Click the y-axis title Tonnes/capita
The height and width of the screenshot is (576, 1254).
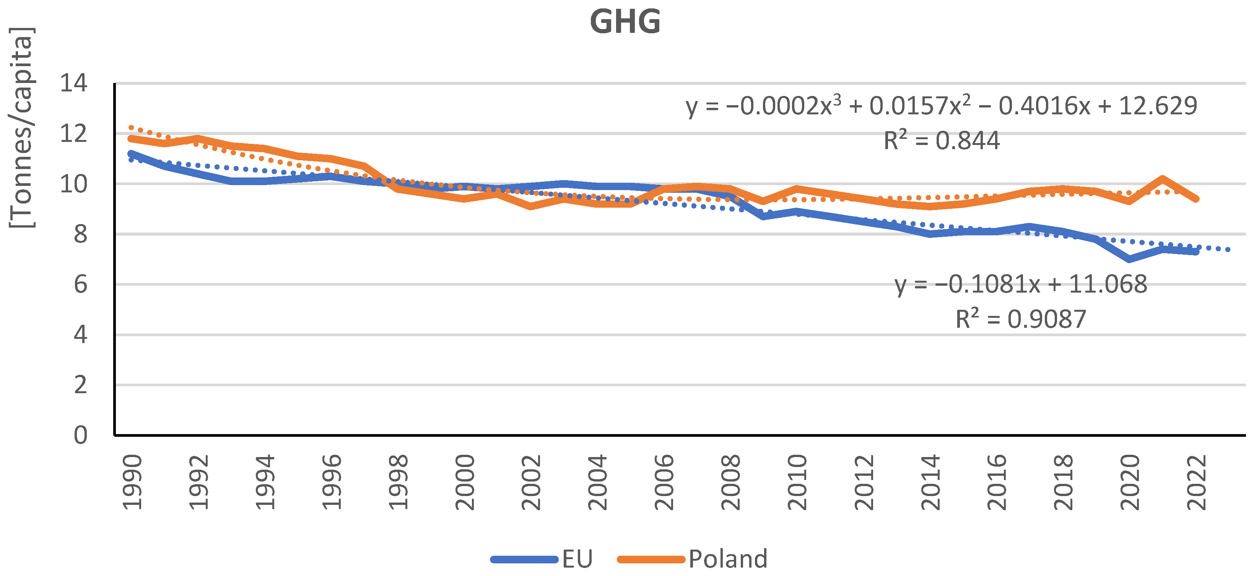tap(22, 128)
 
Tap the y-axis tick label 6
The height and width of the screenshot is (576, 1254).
tap(80, 284)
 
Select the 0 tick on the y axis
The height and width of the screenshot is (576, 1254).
tap(80, 435)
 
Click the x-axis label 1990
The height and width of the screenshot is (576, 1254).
tap(132, 482)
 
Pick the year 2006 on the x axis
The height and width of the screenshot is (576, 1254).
tap(664, 482)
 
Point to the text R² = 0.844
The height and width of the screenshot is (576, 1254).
tap(941, 141)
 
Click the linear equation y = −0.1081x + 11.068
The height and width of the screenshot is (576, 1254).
tap(1020, 284)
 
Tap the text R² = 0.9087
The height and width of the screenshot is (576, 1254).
tap(1020, 319)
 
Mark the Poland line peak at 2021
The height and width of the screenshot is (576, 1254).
tap(1163, 179)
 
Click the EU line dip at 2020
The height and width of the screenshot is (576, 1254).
tap(1129, 259)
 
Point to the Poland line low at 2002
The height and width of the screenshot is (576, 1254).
tap(530, 206)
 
